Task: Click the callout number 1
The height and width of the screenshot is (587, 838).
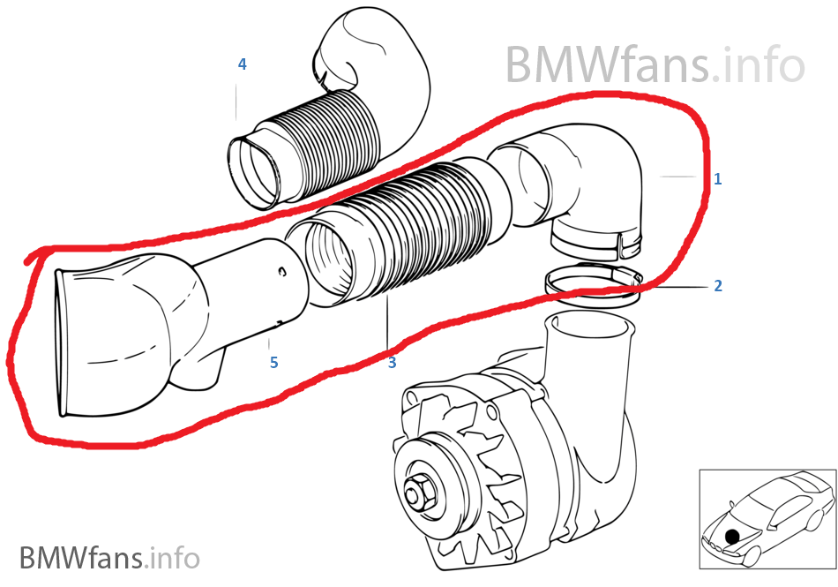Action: (x=718, y=179)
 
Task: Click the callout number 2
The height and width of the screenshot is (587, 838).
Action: (x=718, y=286)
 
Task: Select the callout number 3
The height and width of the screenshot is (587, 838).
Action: (x=392, y=362)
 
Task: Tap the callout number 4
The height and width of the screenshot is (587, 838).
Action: (x=242, y=64)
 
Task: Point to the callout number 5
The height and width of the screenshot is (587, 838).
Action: (x=273, y=362)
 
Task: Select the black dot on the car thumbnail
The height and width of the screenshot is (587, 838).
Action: (x=731, y=535)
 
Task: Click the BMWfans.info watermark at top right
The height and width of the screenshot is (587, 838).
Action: (x=655, y=64)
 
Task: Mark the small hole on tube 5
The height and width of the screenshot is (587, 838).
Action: (x=282, y=271)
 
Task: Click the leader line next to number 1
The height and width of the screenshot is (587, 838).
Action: (x=679, y=178)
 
